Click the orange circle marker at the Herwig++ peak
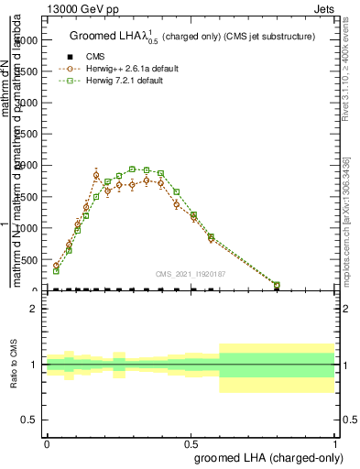coord(96,174)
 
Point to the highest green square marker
coord(133,169)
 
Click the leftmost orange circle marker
coord(56,266)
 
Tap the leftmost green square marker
coord(56,271)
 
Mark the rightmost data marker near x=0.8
coord(278,285)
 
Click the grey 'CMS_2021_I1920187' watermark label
coord(191,272)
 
